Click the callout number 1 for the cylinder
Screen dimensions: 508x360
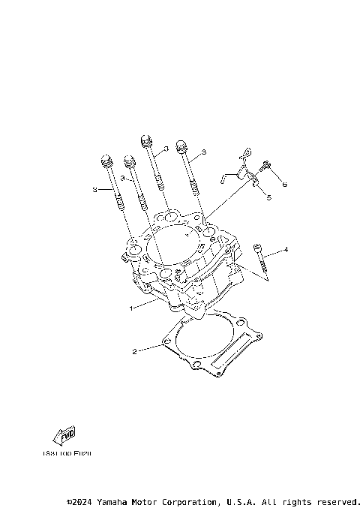click(x=131, y=308)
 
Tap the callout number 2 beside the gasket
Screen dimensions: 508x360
click(x=134, y=350)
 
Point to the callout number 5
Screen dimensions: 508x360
click(x=268, y=197)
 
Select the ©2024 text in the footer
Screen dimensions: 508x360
click(x=81, y=501)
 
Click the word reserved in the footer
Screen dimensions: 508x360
click(x=337, y=501)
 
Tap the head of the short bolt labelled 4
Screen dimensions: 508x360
click(x=257, y=247)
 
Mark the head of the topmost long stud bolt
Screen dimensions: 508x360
click(x=145, y=140)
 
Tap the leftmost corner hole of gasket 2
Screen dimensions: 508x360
click(x=165, y=344)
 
